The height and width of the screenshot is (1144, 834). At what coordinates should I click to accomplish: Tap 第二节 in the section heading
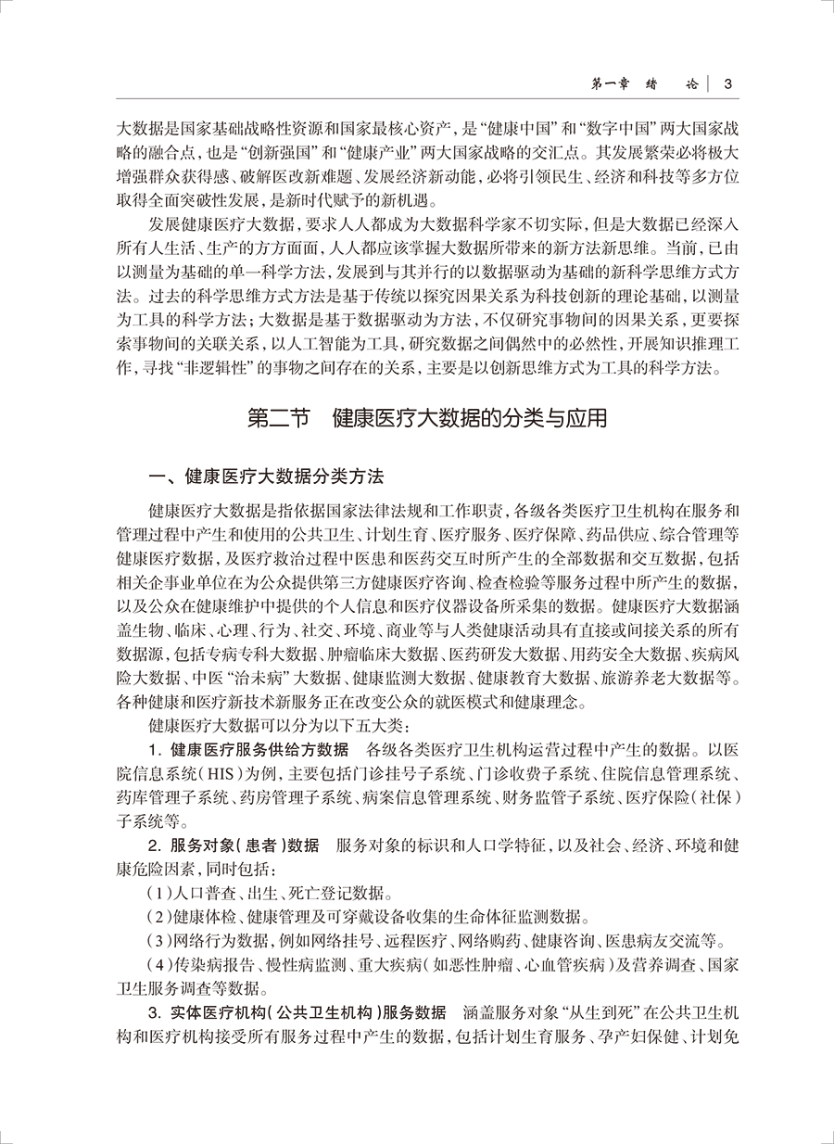click(278, 417)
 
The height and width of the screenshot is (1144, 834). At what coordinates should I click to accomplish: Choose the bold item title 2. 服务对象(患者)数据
click(234, 845)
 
